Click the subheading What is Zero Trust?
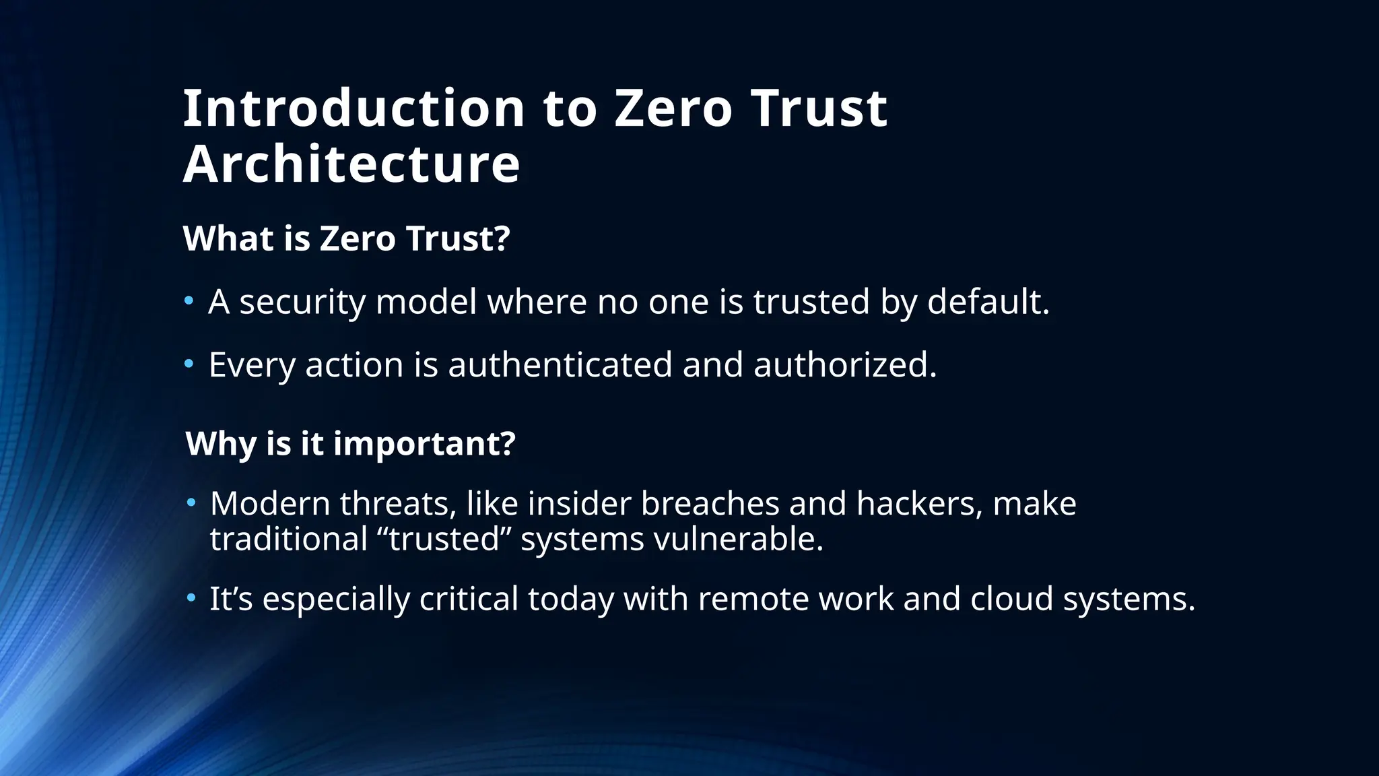point(347,238)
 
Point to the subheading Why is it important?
point(350,443)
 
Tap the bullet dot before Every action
point(189,364)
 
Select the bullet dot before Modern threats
point(191,503)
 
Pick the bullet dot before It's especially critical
point(191,597)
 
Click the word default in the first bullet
point(988,301)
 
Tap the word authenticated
point(560,364)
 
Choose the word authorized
point(845,364)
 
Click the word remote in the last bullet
point(753,598)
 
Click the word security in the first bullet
point(302,302)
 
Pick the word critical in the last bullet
point(469,598)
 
